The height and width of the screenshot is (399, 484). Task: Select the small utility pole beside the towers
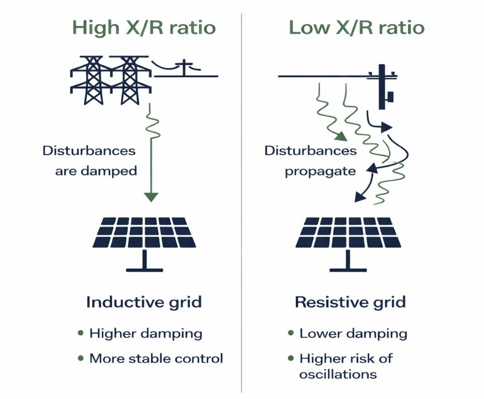point(184,69)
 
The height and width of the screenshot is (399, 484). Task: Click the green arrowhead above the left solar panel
point(151,197)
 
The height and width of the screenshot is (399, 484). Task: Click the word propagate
point(320,172)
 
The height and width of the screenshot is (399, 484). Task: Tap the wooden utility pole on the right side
point(382,87)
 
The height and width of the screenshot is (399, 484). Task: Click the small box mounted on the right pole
point(390,96)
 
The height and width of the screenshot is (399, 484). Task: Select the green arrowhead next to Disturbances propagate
point(341,136)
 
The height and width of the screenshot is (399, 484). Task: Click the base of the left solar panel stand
point(145,269)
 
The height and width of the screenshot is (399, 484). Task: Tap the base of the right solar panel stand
point(348,269)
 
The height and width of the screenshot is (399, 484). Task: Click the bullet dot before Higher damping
point(81,333)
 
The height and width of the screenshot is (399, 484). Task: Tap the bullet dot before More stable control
point(81,358)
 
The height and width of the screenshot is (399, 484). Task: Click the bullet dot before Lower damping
point(291,333)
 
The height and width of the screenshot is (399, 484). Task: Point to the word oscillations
point(338,374)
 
